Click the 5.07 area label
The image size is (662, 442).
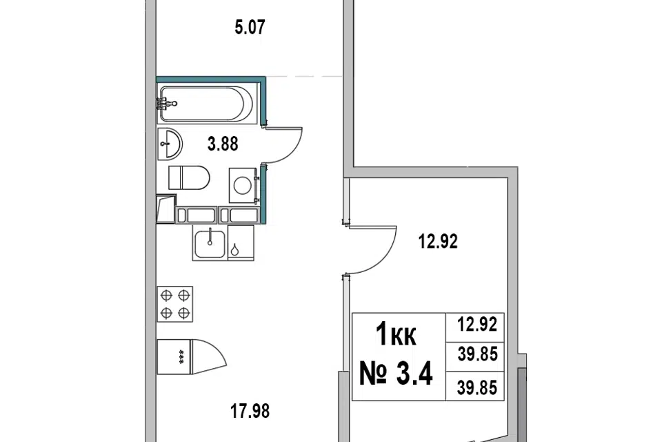[250, 28]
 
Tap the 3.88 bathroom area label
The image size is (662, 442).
[223, 144]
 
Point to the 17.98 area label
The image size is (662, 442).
[250, 411]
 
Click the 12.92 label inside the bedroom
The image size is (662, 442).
[438, 242]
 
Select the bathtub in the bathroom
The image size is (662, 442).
[208, 104]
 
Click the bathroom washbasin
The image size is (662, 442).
[170, 144]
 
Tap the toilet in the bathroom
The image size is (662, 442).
[189, 177]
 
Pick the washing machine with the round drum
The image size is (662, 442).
[243, 185]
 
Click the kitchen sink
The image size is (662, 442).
[210, 243]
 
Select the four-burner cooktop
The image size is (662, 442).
[174, 304]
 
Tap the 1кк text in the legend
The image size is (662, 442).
[396, 334]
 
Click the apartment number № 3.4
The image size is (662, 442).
[396, 374]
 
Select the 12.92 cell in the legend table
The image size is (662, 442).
[477, 325]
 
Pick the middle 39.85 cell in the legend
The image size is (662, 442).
[477, 354]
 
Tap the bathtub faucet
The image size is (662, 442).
[166, 103]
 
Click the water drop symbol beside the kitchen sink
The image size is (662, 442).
[234, 250]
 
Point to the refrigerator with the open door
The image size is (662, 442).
[191, 356]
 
